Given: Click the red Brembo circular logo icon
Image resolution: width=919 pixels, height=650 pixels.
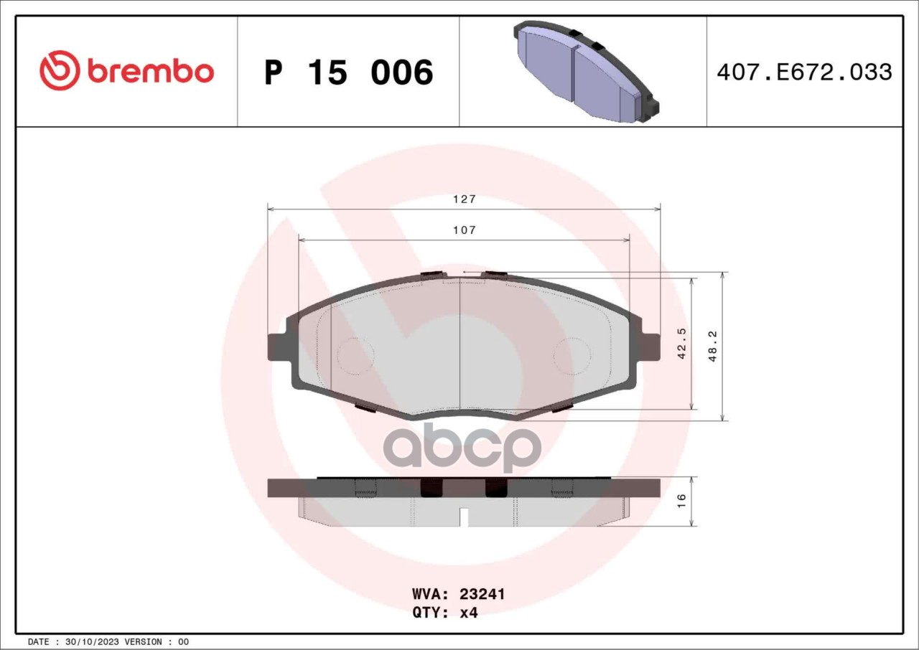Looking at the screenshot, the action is [59, 70].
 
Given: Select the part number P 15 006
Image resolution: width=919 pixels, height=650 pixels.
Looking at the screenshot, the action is [349, 72].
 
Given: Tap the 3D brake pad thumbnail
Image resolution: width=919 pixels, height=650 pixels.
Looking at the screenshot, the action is [586, 71].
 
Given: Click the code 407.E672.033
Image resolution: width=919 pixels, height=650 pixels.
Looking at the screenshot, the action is [805, 72].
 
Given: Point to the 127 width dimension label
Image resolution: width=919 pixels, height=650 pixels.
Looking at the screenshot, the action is [464, 199].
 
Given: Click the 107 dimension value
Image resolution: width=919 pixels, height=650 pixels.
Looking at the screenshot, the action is [464, 230].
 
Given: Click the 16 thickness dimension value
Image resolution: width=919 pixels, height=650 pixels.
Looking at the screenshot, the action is [681, 501].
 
